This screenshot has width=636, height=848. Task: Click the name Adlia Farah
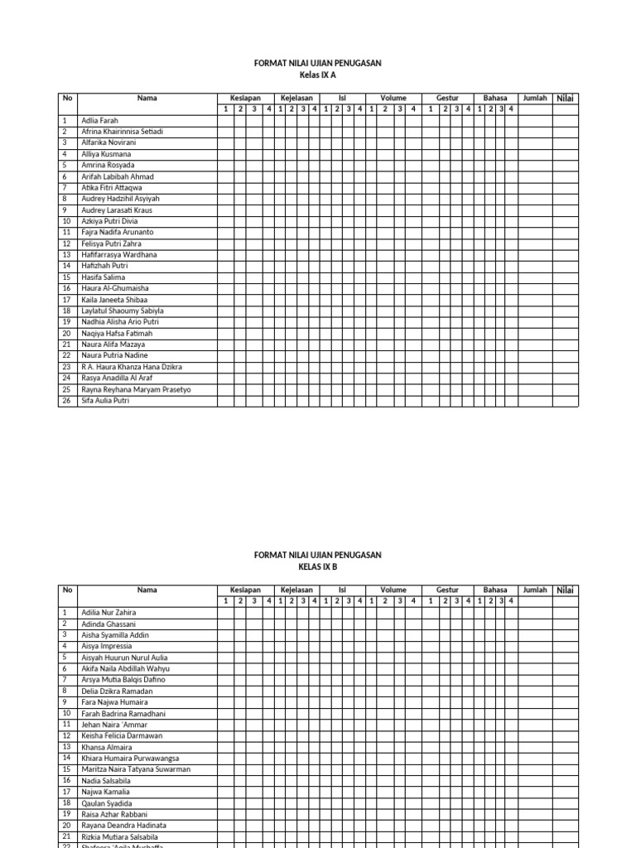tap(100, 120)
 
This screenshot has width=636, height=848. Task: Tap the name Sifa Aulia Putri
tap(106, 401)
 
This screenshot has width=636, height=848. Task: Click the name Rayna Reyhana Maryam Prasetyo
tap(136, 389)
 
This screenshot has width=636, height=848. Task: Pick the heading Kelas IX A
tap(317, 75)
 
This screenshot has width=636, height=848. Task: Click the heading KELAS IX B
tap(317, 567)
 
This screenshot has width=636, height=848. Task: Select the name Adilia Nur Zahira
tap(109, 613)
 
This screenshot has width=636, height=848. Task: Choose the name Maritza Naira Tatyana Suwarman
tap(136, 769)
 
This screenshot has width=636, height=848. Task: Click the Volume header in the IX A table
tap(393, 98)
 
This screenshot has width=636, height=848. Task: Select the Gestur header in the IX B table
tap(447, 590)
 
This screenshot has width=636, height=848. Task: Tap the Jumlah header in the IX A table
tap(535, 98)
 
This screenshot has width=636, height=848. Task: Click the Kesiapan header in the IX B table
tap(246, 590)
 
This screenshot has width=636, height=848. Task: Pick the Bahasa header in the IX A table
tap(495, 98)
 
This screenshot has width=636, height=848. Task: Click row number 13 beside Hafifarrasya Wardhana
tap(66, 255)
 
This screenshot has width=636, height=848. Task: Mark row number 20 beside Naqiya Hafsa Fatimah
tap(66, 333)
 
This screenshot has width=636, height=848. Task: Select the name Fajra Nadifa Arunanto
tap(118, 233)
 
